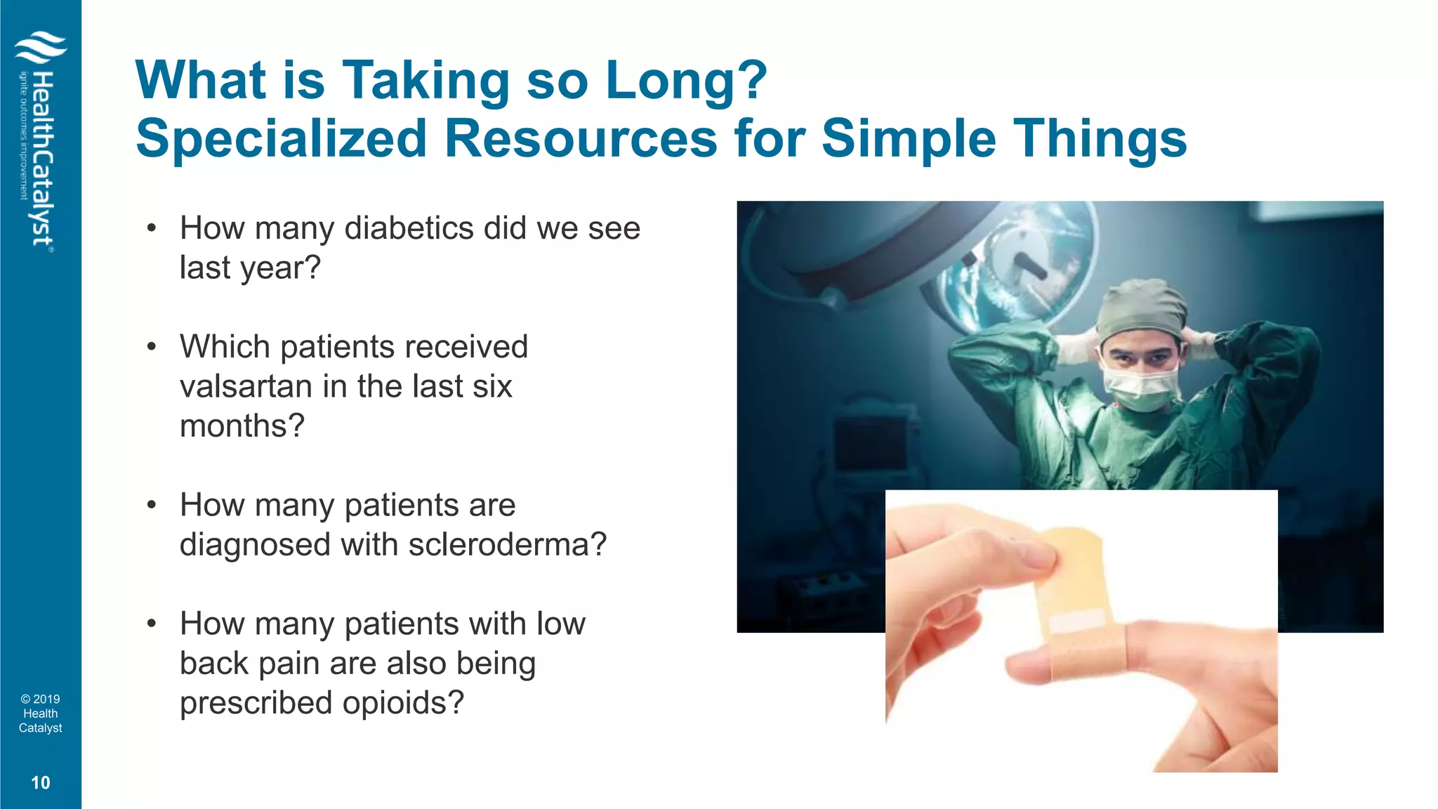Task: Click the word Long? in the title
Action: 686,81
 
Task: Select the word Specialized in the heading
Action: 281,138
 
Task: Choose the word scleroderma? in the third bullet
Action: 507,545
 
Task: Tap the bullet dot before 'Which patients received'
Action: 151,347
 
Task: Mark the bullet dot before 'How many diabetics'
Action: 151,228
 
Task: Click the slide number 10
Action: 41,783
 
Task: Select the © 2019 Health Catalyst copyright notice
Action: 41,713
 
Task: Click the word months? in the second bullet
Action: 242,426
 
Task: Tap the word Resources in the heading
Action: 581,138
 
